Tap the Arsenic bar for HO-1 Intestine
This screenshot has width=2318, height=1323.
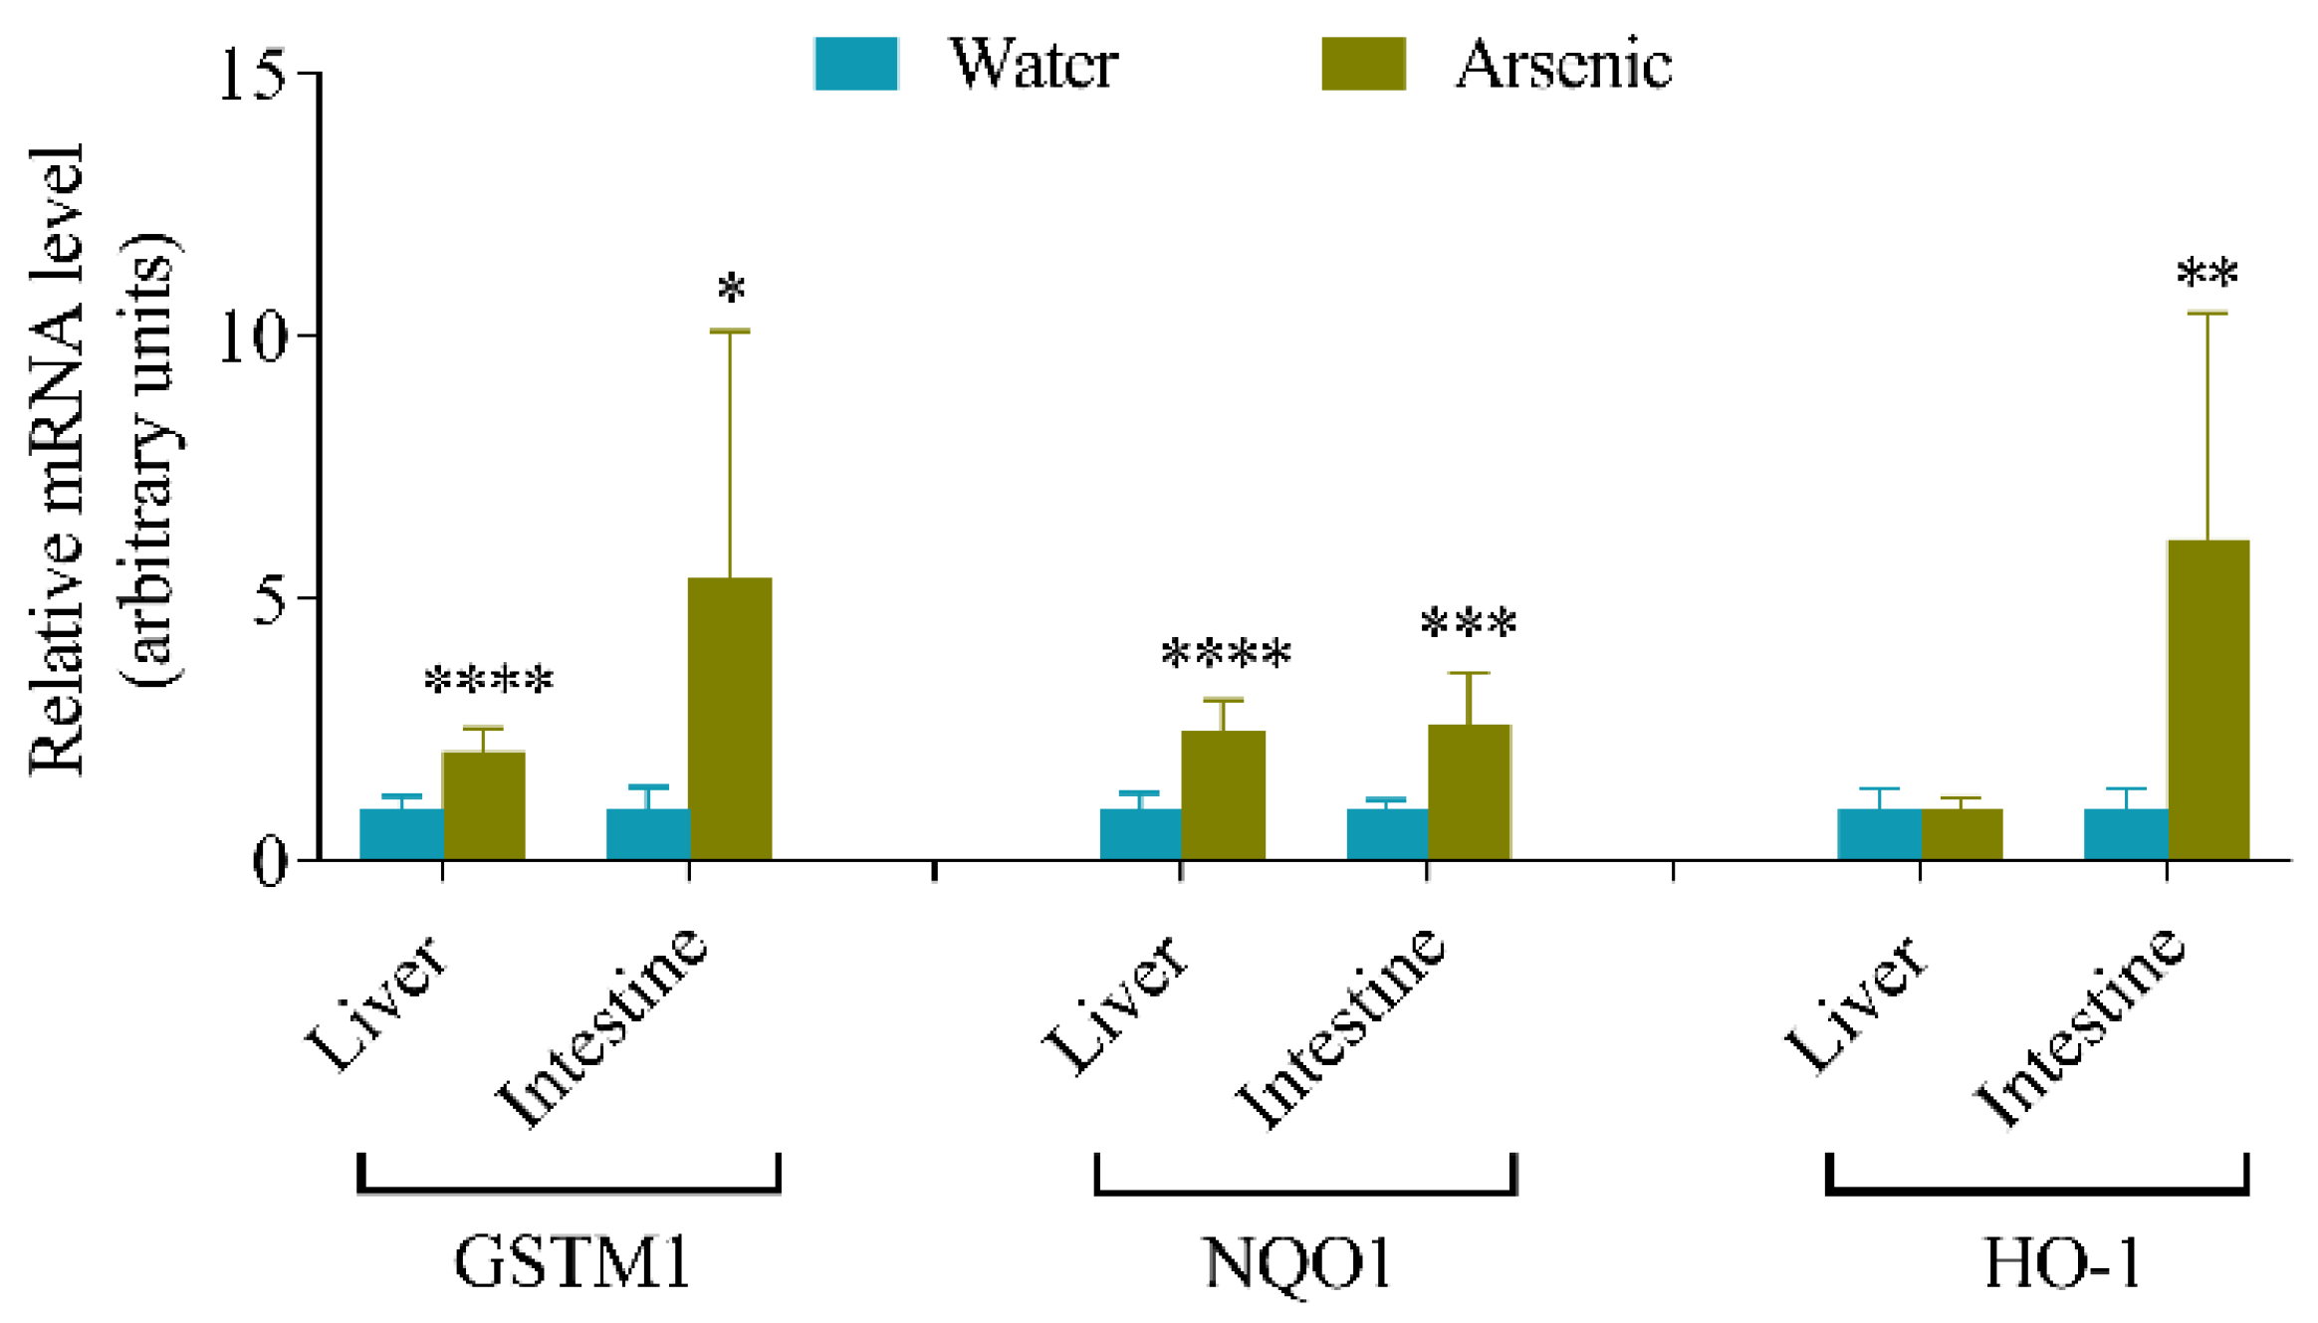tap(2207, 699)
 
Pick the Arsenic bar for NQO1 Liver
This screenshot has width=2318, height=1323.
tap(1222, 794)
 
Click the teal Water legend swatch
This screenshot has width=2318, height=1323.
tap(855, 64)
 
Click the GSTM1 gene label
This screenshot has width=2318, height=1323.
tap(572, 1262)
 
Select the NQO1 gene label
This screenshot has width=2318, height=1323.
tap(1297, 1262)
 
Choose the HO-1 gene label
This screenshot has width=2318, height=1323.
tap(2061, 1262)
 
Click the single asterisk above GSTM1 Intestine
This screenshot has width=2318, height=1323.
tap(731, 289)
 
